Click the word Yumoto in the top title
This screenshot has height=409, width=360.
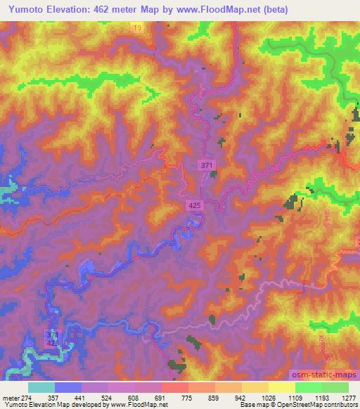(x=21, y=9)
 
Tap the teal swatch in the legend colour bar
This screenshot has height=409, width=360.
(x=41, y=387)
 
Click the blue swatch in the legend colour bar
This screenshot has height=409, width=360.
(x=68, y=387)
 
